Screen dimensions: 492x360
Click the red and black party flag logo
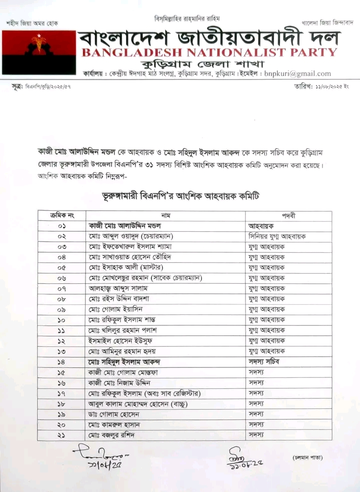(39, 52)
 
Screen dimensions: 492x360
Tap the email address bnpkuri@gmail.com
(297, 74)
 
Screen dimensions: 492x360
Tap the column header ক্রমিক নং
(61, 215)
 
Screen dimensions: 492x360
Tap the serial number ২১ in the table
(61, 435)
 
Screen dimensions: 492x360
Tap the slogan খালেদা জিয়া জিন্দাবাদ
(327, 23)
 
